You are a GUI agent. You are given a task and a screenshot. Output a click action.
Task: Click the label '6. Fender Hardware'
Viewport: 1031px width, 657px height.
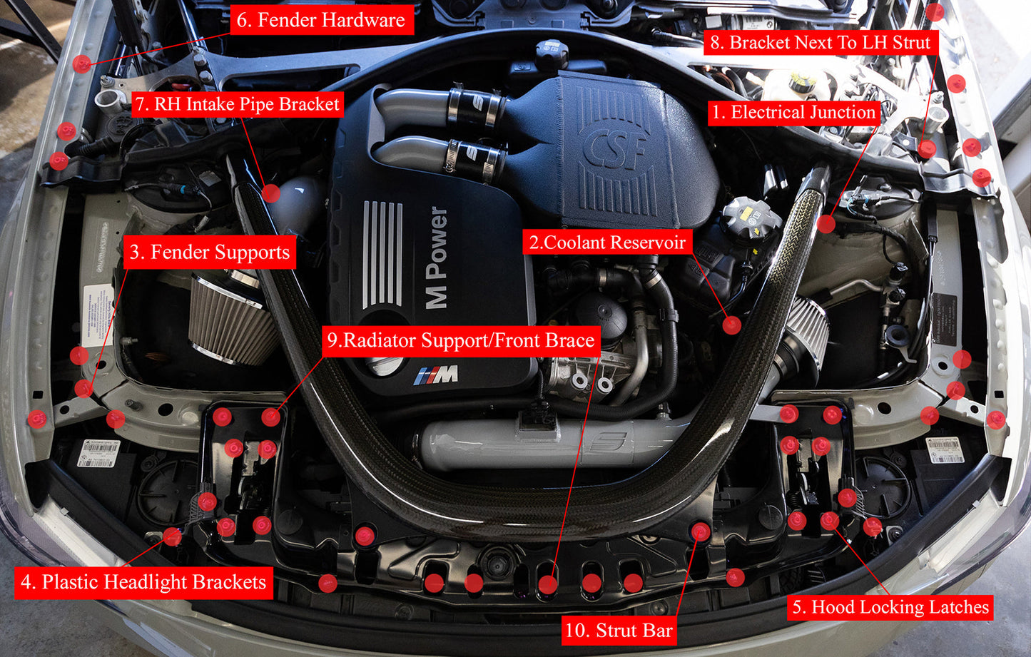pos(320,21)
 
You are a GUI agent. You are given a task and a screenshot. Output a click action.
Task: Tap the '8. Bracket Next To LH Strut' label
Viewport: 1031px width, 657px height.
pos(821,43)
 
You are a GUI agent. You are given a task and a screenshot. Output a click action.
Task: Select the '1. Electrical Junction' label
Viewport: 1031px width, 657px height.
pos(793,113)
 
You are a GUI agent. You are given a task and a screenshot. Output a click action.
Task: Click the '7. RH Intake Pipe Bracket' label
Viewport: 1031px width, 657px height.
pos(238,104)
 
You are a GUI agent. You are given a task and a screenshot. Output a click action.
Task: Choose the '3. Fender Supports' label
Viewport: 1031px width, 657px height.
pos(210,253)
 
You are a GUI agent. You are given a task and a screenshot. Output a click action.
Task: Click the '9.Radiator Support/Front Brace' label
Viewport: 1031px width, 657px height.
pos(461,341)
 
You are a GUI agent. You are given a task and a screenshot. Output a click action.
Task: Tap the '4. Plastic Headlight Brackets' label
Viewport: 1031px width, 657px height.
pos(143,582)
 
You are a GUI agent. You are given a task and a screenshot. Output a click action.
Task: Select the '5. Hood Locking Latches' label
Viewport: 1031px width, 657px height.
pos(890,607)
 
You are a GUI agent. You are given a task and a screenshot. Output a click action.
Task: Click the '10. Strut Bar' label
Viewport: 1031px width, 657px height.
pos(619,631)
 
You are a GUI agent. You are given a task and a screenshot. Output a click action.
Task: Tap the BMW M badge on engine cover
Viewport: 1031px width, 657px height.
pos(437,375)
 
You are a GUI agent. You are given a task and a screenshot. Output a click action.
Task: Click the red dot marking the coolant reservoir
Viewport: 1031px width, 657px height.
pos(731,325)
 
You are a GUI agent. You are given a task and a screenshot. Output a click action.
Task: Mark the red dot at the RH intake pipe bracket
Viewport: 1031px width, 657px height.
pos(270,193)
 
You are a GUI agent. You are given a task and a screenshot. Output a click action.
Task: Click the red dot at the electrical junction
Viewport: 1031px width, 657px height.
pos(826,224)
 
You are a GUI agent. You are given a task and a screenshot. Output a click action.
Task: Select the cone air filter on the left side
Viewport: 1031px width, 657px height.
pos(230,321)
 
